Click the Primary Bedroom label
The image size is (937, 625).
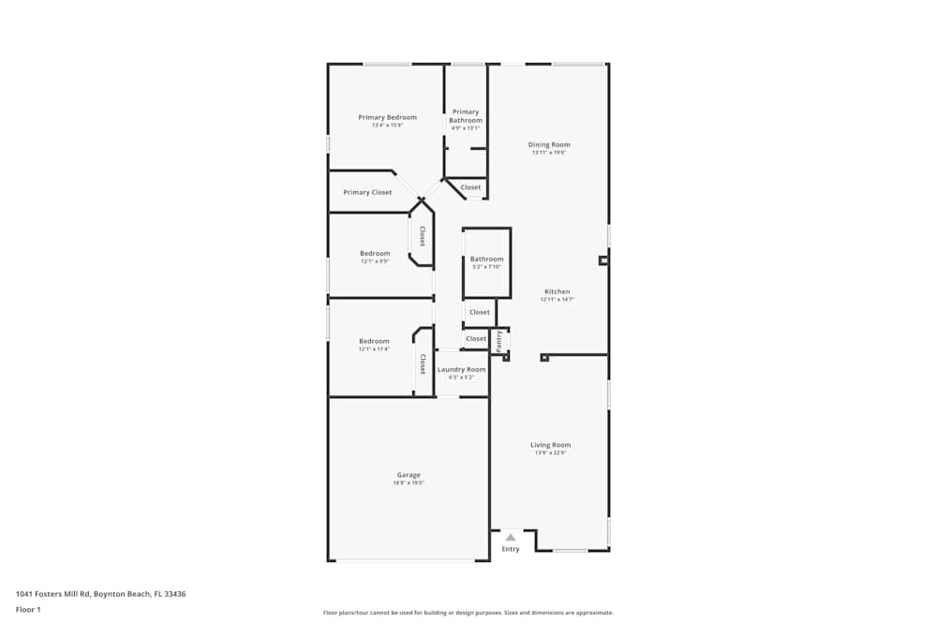pos(387,117)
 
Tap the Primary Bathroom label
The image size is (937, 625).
pos(466,116)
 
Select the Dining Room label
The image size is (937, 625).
pos(549,144)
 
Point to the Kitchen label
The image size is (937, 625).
pos(557,291)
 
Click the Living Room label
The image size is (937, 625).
pos(551,445)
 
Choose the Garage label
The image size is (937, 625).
pos(408,475)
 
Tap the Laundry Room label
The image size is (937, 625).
pos(462,369)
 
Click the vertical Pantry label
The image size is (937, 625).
pos(499,341)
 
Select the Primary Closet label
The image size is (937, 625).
pos(367,192)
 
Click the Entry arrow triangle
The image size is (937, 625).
pos(511,538)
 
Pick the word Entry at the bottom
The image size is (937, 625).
pos(511,549)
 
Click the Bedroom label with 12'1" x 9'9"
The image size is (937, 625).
pos(375,253)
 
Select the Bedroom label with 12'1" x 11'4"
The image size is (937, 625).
pos(374,341)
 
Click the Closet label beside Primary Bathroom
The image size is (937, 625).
pos(470,187)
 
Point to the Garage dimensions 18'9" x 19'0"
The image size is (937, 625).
pos(409,484)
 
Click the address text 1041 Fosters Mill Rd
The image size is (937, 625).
pos(100,593)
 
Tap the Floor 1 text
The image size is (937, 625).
pos(28,609)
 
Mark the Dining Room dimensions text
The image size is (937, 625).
pos(549,153)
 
